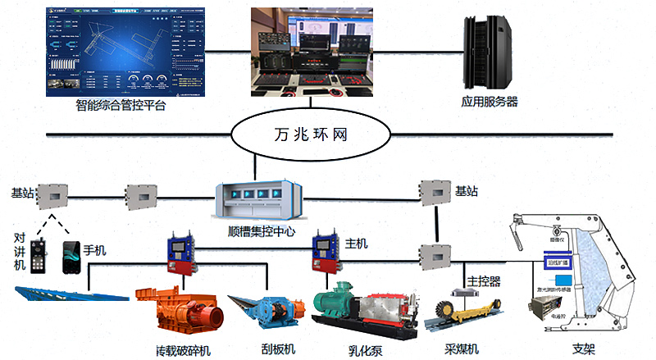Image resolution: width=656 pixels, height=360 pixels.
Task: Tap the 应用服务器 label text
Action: (x=490, y=103)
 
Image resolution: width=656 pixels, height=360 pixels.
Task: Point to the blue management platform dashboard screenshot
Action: (x=119, y=48)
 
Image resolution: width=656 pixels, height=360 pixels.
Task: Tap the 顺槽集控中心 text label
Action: (x=262, y=232)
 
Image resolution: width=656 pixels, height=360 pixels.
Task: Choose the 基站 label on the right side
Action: (x=466, y=192)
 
